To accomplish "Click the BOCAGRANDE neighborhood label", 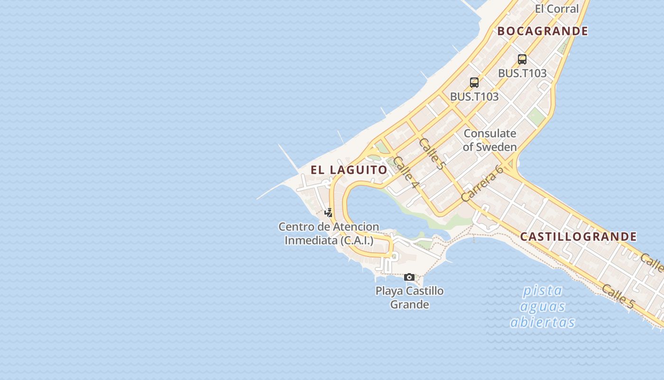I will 543,31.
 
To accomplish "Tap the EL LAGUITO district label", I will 349,170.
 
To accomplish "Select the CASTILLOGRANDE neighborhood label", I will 578,237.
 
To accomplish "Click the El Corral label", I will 557,9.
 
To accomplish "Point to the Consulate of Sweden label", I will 490,140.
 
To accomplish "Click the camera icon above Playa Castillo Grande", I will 409,277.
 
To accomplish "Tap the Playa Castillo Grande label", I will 410,297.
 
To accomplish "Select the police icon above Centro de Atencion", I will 328,212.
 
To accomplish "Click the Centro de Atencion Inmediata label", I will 329,234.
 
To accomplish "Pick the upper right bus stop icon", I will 522,59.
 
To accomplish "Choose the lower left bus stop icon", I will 474,83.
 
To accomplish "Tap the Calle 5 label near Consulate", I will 432,154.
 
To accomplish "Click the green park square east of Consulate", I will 536,116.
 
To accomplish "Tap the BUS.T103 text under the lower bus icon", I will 474,96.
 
